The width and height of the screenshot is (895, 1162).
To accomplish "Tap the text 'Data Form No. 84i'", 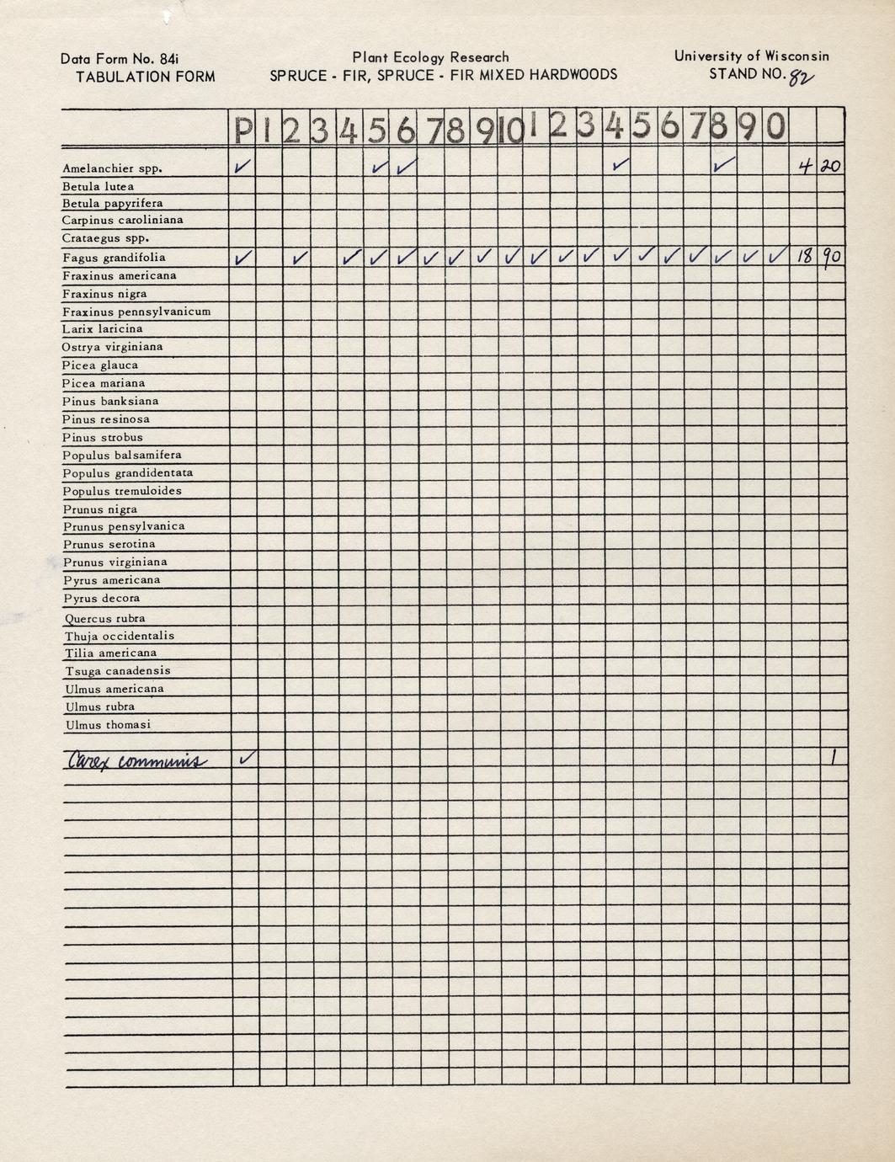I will coord(120,59).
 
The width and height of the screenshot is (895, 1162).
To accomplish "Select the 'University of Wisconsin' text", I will coord(751,56).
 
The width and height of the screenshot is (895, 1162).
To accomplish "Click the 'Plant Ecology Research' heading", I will coord(430,57).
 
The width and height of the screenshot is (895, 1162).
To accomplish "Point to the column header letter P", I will coord(243,131).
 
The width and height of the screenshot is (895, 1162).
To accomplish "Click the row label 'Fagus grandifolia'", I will coord(114,258).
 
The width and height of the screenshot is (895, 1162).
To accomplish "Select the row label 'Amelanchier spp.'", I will coord(112,168).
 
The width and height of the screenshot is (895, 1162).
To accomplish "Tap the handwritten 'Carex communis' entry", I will coord(135,761).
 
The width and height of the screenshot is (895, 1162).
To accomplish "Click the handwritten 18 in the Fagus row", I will coord(804,256).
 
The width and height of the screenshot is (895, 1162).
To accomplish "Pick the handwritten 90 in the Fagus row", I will coord(832,256).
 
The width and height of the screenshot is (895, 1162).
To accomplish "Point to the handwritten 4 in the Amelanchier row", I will coord(805,167).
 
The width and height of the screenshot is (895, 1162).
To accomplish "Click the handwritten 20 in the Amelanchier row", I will coord(831,167).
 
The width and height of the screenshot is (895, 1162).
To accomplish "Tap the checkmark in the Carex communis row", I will coord(246,758).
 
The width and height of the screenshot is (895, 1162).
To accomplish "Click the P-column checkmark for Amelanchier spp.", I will coord(243,167).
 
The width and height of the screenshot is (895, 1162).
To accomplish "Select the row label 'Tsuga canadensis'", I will coord(118,671).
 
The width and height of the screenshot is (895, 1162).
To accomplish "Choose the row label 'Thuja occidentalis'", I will coord(120,636).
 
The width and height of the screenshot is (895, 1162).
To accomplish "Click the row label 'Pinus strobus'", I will coord(102,438).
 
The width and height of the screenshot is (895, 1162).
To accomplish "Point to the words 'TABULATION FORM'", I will coord(145,77).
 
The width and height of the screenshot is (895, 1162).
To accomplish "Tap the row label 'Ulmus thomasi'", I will coord(108,725).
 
